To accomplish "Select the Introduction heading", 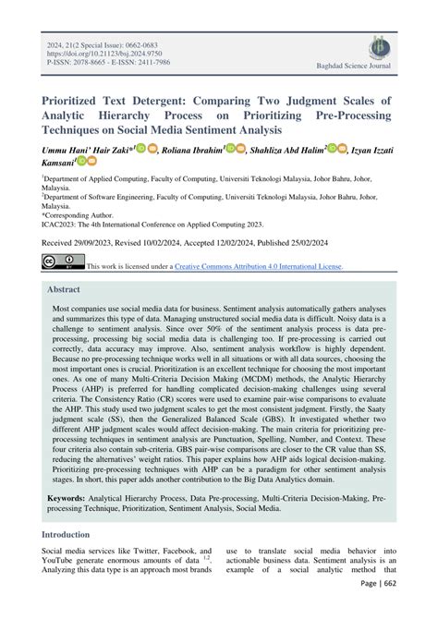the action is [72, 535].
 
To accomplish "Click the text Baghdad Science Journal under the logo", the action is [379, 67].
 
